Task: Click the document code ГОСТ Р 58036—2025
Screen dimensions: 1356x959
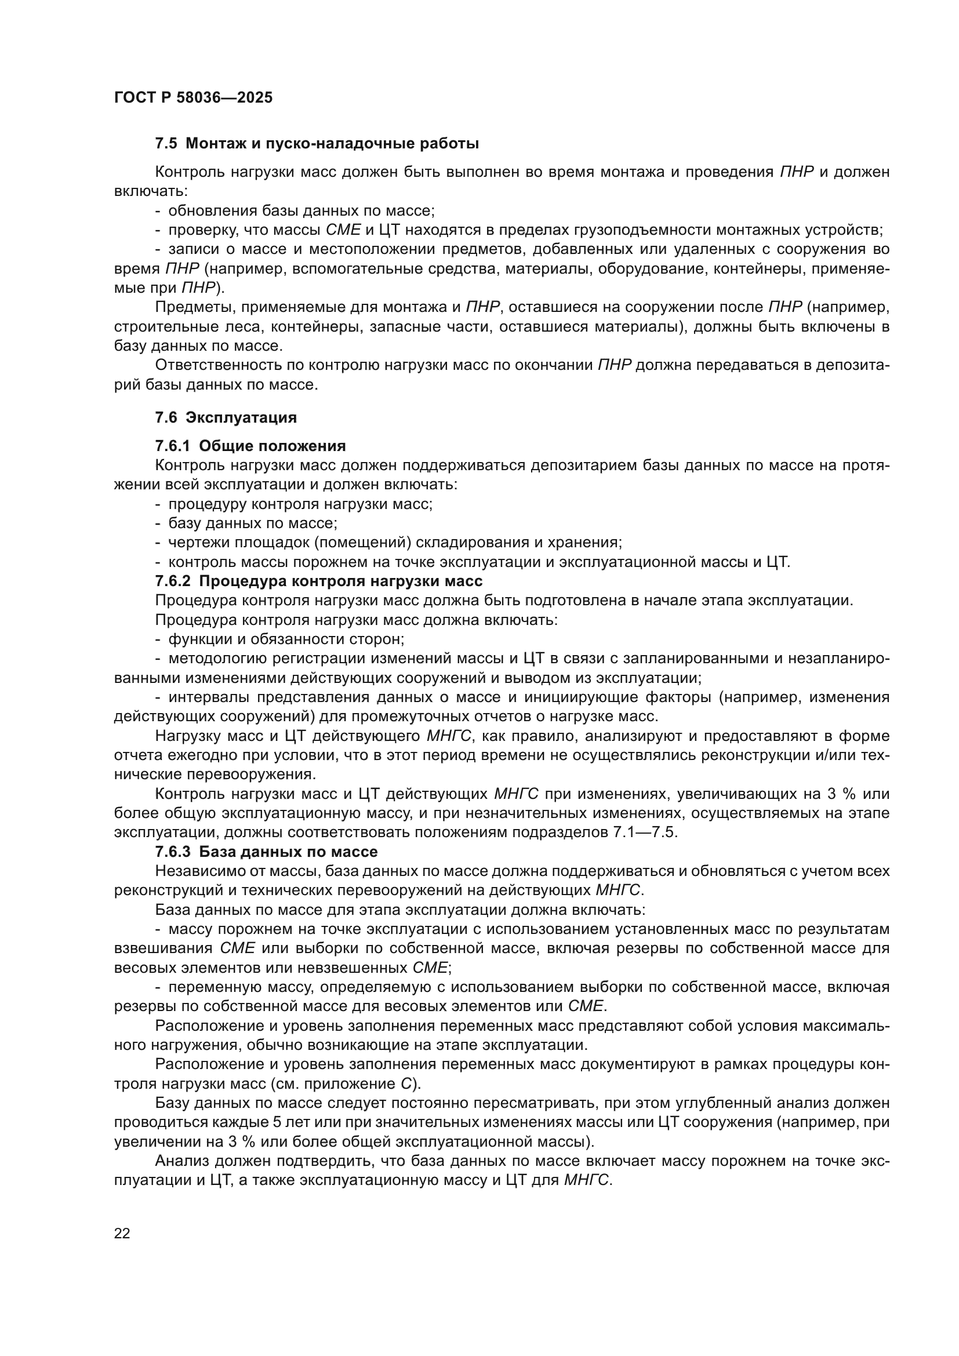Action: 193,98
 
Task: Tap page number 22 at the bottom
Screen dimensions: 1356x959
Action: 122,1233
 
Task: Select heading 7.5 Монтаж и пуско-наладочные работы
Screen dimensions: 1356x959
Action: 317,144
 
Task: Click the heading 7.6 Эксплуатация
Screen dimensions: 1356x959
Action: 226,417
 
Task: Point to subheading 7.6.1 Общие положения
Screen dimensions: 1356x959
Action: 250,445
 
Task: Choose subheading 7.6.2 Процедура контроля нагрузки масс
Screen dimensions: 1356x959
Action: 319,580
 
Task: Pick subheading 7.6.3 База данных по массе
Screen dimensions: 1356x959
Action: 266,852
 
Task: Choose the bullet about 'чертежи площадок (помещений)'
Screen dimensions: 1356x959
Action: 394,542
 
